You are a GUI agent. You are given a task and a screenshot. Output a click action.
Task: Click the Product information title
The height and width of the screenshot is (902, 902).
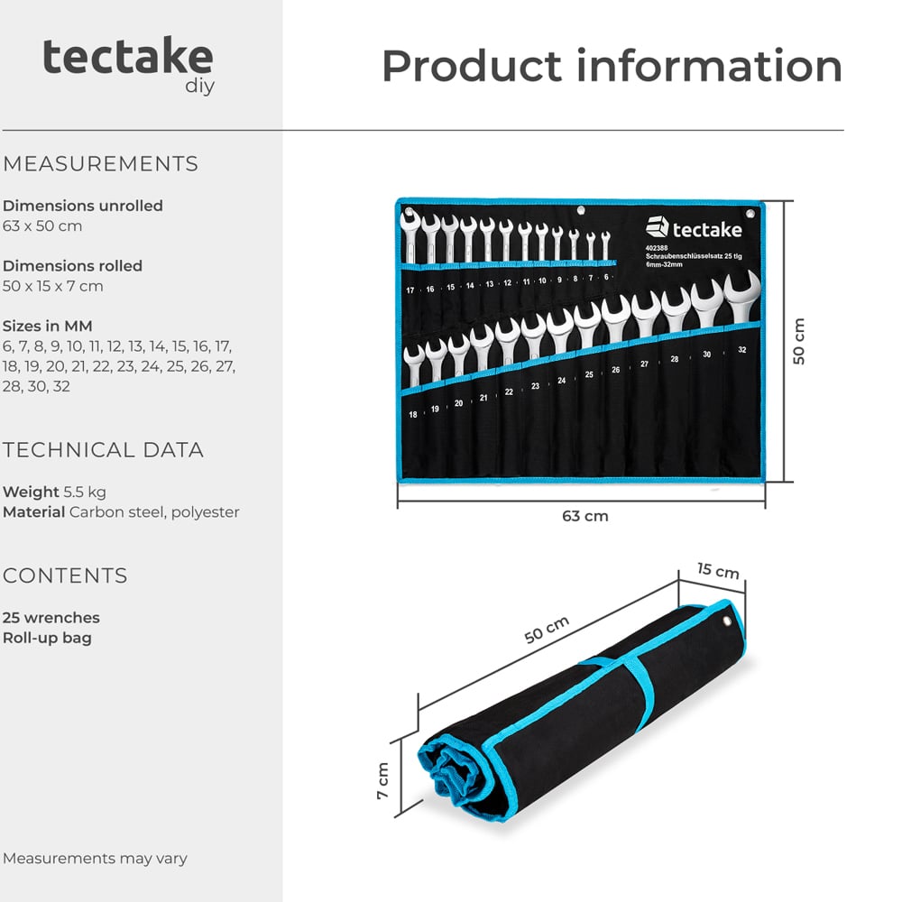coord(612,66)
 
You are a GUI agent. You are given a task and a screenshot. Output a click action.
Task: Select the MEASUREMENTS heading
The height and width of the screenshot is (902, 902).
coord(100,164)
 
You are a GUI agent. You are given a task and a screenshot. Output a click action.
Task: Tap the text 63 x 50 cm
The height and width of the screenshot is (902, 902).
coord(42,225)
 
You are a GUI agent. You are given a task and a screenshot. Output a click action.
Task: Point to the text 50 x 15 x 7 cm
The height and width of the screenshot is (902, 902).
coord(53,286)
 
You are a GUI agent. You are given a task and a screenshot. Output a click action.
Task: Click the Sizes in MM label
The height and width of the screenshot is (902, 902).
coord(48,326)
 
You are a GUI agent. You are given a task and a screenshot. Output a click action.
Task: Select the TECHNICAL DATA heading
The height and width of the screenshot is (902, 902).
coord(103,450)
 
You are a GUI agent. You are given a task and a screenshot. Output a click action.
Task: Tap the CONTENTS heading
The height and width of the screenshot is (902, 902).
coord(65,575)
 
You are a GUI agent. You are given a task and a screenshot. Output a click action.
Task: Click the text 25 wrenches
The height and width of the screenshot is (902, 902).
coord(51,618)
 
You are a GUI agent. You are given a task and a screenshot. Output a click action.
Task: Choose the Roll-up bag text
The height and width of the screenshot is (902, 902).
coord(47,638)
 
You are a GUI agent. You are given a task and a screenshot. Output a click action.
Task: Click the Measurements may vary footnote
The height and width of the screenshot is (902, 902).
coord(95,858)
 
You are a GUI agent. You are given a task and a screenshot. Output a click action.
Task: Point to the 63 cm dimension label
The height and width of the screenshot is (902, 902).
coord(584,516)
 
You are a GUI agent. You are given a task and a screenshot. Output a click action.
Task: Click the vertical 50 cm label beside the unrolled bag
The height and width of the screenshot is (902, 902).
coord(798,341)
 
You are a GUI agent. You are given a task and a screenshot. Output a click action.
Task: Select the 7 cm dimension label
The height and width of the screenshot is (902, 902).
coord(382,781)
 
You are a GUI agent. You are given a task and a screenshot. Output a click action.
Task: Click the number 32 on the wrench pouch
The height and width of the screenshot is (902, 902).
coord(741,349)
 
